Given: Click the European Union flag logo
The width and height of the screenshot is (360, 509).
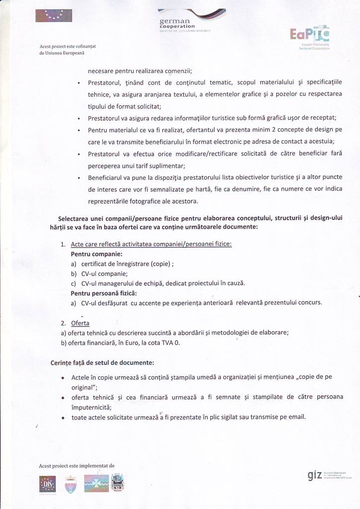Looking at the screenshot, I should pyautogui.click(x=54, y=15).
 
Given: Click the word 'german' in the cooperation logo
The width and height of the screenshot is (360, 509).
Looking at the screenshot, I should pyautogui.click(x=175, y=21).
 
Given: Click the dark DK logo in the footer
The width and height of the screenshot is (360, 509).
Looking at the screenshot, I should pyautogui.click(x=48, y=484).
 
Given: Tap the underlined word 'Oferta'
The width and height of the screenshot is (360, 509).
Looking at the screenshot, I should pyautogui.click(x=80, y=323).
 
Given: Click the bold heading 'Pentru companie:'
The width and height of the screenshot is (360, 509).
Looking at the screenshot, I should pyautogui.click(x=93, y=254).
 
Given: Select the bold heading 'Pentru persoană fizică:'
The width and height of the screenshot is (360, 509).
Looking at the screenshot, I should pyautogui.click(x=104, y=293).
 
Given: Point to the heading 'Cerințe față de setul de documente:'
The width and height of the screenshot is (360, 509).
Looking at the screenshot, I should pyautogui.click(x=102, y=362).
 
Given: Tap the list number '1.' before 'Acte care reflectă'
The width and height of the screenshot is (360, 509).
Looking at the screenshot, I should pyautogui.click(x=63, y=244).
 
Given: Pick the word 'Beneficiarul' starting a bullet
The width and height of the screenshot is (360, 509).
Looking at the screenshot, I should pyautogui.click(x=107, y=177).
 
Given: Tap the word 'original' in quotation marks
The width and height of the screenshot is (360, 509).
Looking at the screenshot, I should pyautogui.click(x=83, y=387).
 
